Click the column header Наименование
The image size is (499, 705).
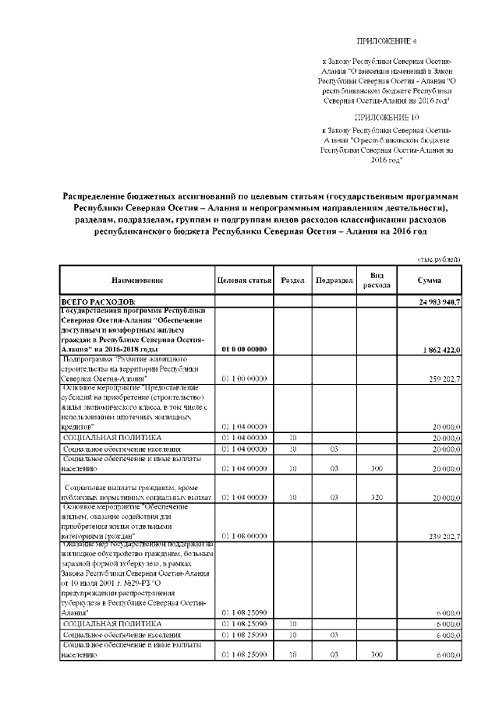point(136,280)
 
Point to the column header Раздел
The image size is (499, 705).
point(292,280)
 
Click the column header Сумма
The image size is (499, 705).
point(429,280)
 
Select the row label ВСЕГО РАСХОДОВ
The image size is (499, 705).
point(98,301)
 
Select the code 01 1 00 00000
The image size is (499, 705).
point(244,378)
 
